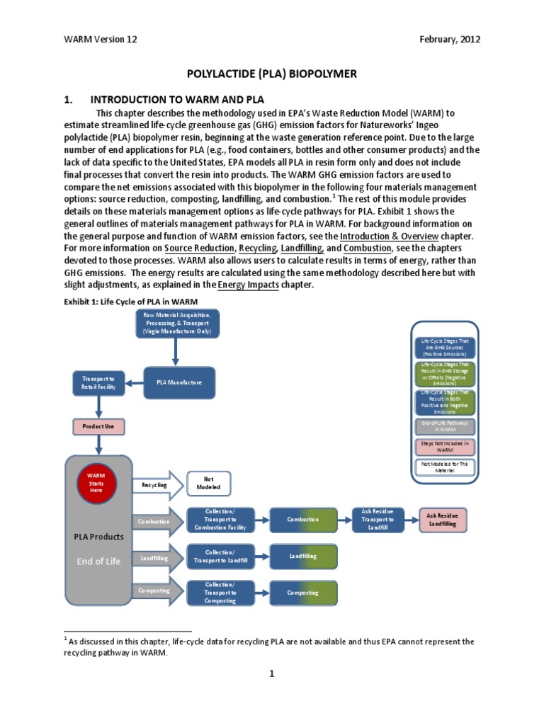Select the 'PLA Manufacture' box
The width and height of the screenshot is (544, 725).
click(x=174, y=382)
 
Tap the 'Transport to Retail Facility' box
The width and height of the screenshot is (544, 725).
click(x=98, y=383)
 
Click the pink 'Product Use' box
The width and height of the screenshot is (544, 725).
click(x=98, y=427)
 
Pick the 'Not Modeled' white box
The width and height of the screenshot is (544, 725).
click(x=208, y=484)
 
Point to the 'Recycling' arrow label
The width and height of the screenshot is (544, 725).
click(x=154, y=484)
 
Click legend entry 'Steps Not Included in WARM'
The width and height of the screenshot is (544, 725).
click(x=446, y=445)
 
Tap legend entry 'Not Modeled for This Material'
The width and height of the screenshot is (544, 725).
click(x=446, y=467)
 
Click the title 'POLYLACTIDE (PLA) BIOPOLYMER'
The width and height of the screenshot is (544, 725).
click(x=271, y=73)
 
